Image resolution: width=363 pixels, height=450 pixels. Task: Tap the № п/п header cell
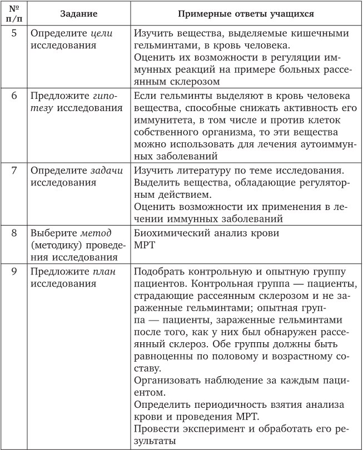pyautogui.click(x=14, y=13)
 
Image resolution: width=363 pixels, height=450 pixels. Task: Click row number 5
pyautogui.click(x=14, y=33)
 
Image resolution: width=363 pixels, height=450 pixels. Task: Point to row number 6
pyautogui.click(x=14, y=95)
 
